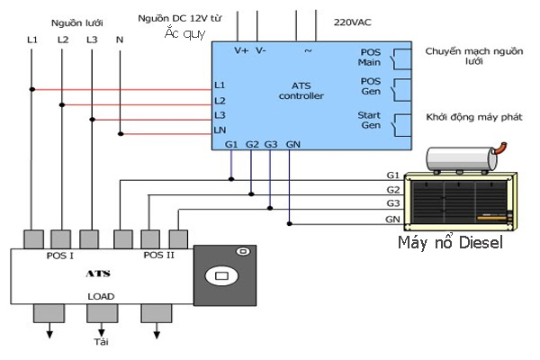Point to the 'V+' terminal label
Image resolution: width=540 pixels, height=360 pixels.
click(241, 51)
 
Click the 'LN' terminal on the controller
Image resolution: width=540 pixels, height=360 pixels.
click(220, 131)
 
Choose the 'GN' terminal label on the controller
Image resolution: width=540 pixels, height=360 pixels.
click(293, 144)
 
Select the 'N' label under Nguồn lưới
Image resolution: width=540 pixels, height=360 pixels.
click(120, 40)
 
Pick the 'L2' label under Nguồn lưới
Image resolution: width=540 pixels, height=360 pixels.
click(62, 40)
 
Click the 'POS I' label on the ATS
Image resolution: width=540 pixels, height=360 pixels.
click(60, 256)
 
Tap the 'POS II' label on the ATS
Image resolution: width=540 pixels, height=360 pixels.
click(158, 256)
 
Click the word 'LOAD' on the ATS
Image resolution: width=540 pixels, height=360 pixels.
click(101, 296)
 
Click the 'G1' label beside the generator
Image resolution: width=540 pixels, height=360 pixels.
click(392, 174)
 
